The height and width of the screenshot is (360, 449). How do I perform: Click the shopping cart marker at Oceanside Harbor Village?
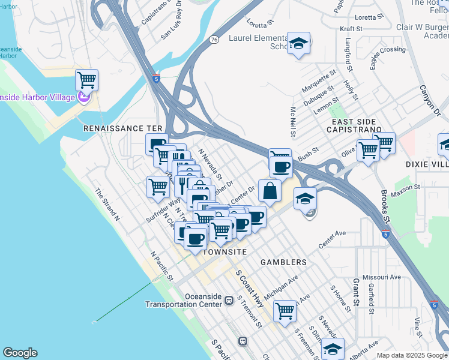point(87,79)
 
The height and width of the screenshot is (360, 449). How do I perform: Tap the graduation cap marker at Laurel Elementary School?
point(298,43)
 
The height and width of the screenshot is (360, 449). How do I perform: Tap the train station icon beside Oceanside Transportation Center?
point(229,299)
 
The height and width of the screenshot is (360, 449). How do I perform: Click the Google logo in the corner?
point(20,353)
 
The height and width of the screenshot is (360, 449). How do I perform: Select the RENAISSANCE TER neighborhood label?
point(122,129)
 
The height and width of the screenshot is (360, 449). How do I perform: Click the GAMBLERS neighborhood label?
point(283,262)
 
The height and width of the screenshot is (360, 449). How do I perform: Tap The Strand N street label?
point(107,205)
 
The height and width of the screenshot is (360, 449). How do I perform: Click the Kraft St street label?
point(351,28)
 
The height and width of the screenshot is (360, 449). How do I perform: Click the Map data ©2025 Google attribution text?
point(412,355)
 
